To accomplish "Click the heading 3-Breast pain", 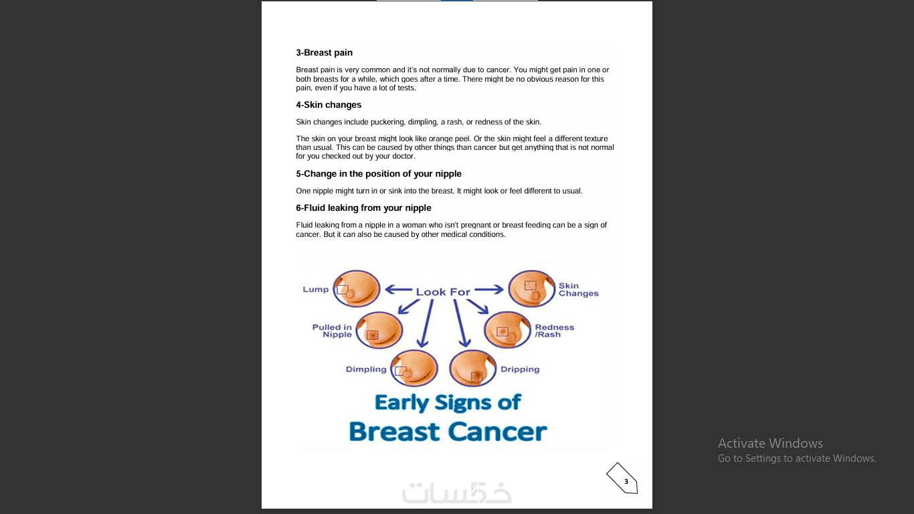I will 325,53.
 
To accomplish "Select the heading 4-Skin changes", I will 329,105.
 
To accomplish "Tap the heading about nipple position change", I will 379,174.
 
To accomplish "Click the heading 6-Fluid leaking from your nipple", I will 363,208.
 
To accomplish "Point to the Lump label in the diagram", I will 316,290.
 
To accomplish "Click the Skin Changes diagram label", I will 578,290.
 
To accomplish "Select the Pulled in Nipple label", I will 332,331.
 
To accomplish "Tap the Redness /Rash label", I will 554,331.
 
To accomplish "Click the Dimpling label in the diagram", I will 366,369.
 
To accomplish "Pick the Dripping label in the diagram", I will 520,369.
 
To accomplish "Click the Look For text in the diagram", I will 443,292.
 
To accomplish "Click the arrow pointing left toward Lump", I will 398,290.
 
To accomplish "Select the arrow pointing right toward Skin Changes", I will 489,290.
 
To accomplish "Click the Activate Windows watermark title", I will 770,443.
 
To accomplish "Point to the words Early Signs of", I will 448,402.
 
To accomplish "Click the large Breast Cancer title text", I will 448,432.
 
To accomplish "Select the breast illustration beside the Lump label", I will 357,288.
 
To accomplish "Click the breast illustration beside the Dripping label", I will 472,369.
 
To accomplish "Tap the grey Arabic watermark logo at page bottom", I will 457,493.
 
